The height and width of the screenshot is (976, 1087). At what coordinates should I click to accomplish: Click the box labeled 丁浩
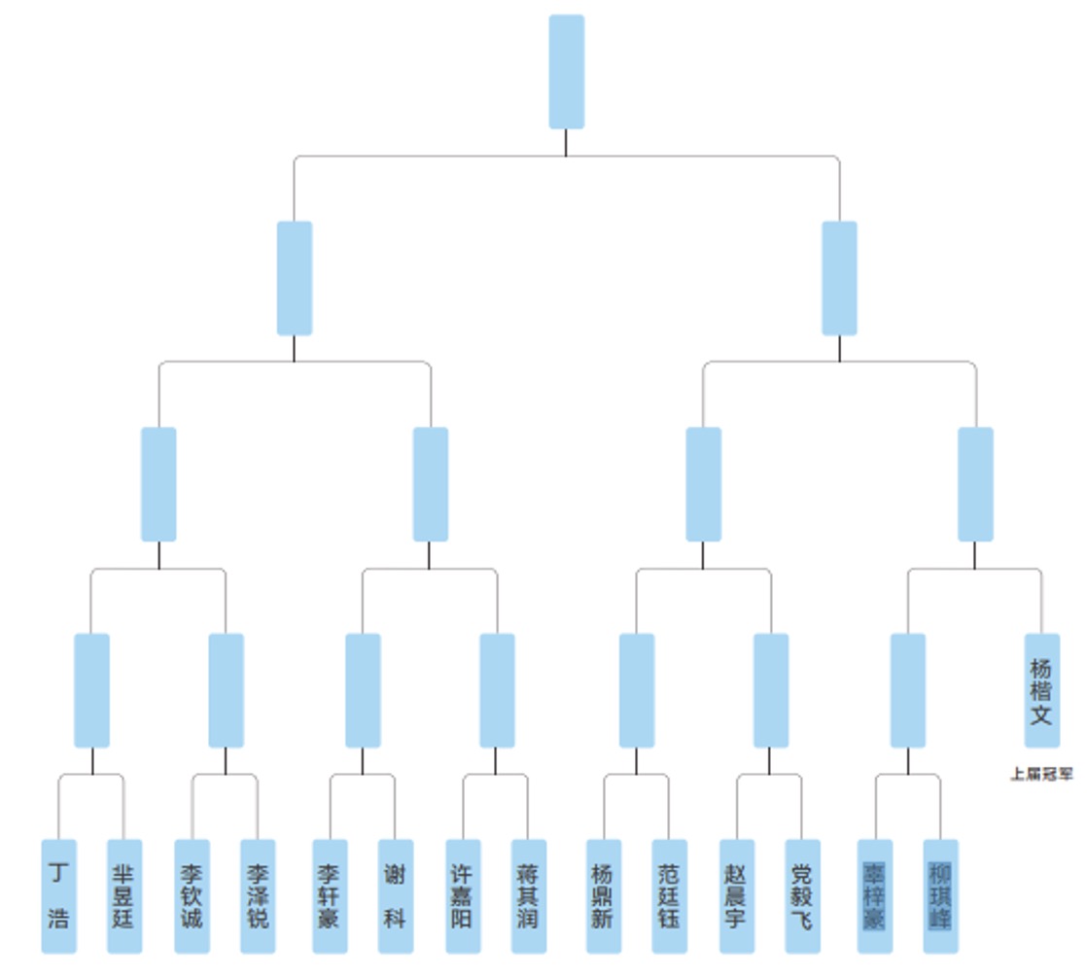point(58,895)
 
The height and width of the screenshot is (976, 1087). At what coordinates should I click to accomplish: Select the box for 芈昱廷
point(124,895)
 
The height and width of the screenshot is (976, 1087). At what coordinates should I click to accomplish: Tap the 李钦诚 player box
point(192,895)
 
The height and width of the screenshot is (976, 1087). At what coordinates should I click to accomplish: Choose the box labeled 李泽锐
point(258,895)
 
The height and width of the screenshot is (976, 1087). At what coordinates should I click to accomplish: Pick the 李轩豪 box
point(330,895)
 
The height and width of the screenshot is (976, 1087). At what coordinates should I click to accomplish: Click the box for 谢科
point(396,895)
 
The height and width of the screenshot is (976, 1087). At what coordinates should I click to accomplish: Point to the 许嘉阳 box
point(462,895)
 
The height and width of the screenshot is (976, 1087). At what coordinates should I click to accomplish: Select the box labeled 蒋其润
point(529,895)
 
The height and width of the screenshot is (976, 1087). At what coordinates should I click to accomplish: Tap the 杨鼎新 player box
point(604,895)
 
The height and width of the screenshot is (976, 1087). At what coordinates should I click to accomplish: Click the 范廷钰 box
point(670,895)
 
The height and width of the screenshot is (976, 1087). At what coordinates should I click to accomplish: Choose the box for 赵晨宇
point(736,895)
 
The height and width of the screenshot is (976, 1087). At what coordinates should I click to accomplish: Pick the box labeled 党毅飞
point(802,895)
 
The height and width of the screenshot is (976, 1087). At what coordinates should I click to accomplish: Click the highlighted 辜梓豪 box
point(875,895)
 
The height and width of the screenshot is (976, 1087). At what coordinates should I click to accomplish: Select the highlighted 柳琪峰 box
point(941,895)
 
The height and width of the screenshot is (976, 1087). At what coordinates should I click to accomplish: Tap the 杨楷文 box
point(1041,690)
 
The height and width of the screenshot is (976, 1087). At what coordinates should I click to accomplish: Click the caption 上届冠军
point(1041,775)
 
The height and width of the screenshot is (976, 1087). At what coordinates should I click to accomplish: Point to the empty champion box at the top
point(567,71)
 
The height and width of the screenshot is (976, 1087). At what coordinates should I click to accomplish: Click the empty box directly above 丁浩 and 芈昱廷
point(91,690)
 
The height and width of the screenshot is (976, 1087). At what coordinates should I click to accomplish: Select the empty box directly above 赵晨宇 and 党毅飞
point(771,690)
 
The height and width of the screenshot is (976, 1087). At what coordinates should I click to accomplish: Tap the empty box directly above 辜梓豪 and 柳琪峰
point(908,690)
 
